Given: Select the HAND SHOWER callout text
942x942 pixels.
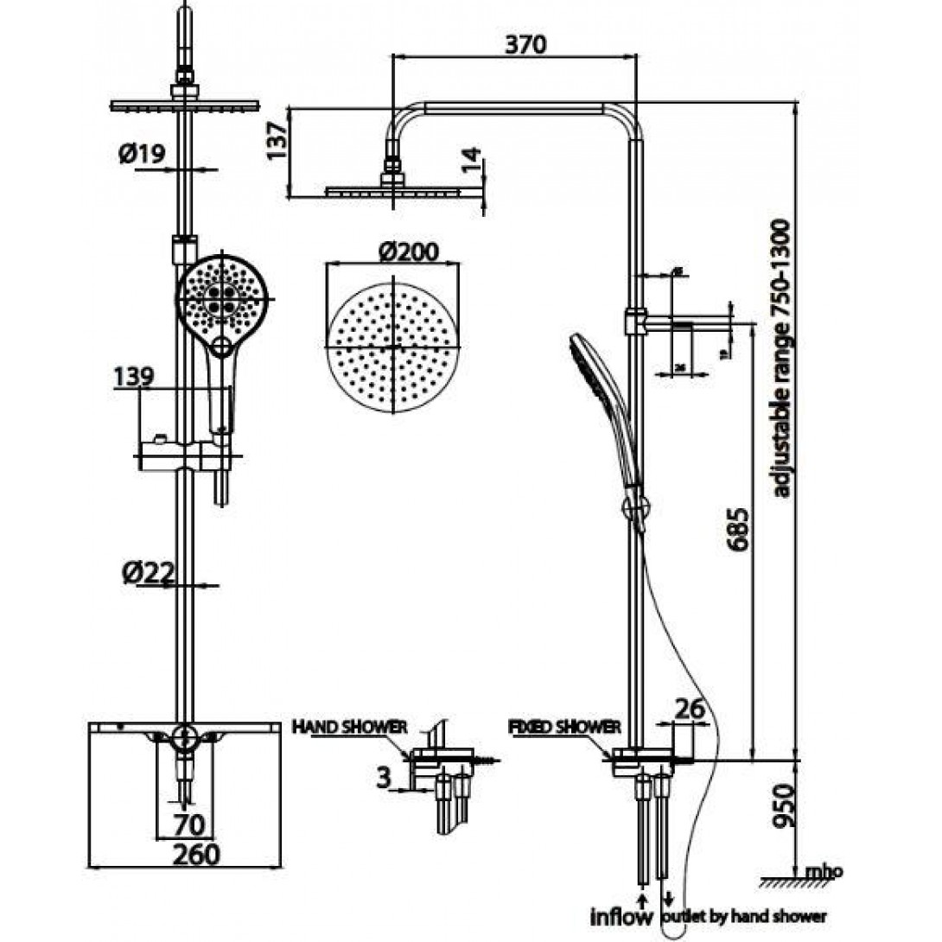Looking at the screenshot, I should (349, 726).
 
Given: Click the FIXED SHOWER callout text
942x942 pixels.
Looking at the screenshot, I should (564, 726).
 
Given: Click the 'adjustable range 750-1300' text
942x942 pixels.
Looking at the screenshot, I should (781, 359).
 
